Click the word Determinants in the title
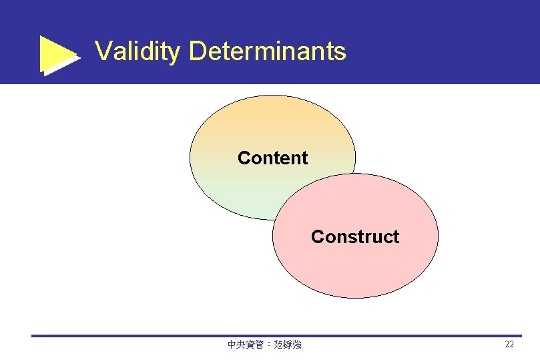pos(268,51)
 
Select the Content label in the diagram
pos(272,158)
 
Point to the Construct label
pos(355,237)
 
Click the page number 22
pos(509,345)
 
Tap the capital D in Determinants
pos(198,51)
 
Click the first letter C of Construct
pos(317,237)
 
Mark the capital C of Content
pos(244,158)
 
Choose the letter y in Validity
pos(175,53)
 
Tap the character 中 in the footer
pos(232,345)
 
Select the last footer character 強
pos(297,345)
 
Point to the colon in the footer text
pos(268,345)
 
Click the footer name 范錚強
pos(288,345)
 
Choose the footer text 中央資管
pos(246,345)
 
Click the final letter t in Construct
pos(396,237)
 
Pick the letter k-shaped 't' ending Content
pos(305,158)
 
